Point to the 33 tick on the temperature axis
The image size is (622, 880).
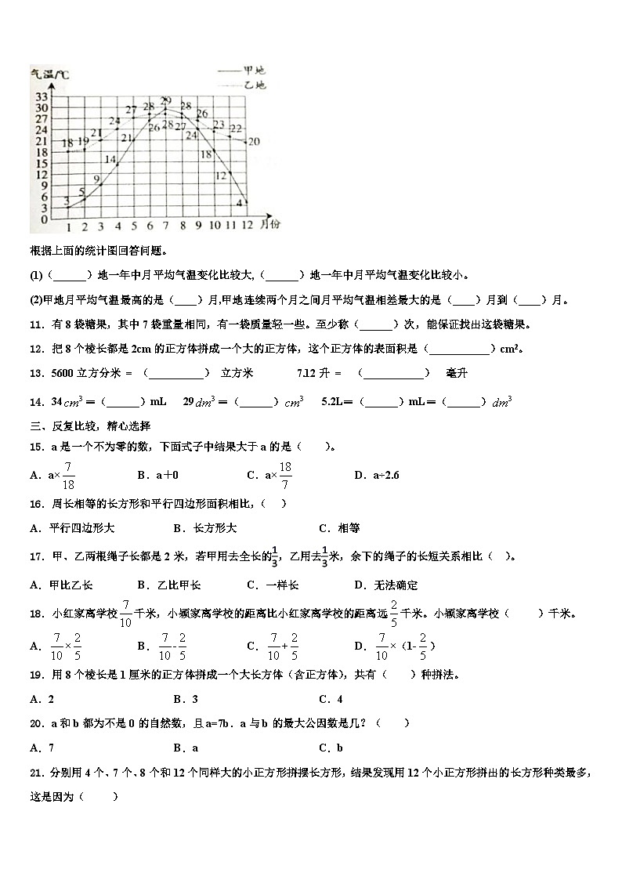pyautogui.click(x=40, y=96)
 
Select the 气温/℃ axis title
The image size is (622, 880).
pyautogui.click(x=49, y=75)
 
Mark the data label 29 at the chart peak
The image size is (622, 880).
pyautogui.click(x=165, y=100)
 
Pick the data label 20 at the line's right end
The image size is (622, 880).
pyautogui.click(x=253, y=142)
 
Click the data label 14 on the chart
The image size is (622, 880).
pyautogui.click(x=110, y=160)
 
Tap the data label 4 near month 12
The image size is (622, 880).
pyautogui.click(x=239, y=202)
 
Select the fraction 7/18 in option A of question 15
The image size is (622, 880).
pyautogui.click(x=68, y=475)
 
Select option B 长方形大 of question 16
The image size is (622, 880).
pyautogui.click(x=209, y=528)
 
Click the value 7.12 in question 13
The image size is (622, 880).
pyautogui.click(x=308, y=374)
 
